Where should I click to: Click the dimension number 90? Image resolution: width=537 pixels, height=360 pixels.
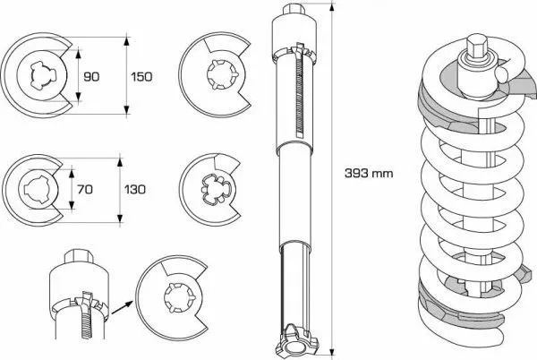pos(90,77)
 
